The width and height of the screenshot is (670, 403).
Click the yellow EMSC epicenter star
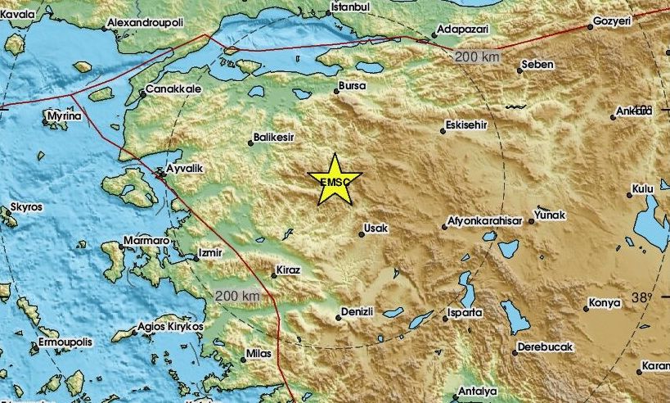(335, 180)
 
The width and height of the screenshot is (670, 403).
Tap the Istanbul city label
(349, 7)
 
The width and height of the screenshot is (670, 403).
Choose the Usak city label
(376, 229)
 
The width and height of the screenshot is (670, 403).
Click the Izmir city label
(210, 253)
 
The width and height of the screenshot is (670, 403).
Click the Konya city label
(605, 304)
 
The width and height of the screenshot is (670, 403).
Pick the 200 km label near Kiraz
(237, 295)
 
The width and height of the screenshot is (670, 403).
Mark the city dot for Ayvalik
(160, 171)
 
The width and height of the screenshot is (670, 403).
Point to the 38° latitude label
(643, 298)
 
